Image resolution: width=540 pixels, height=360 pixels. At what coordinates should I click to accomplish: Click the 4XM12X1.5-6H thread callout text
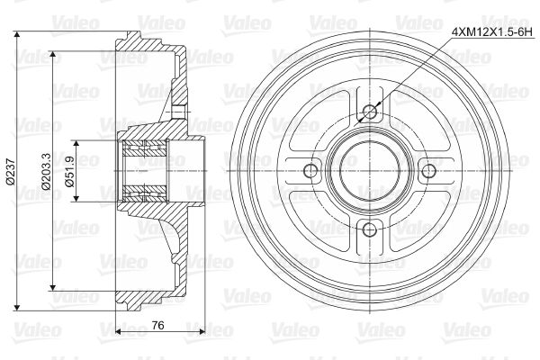click(486, 32)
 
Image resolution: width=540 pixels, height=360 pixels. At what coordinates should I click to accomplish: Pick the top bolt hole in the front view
click(369, 112)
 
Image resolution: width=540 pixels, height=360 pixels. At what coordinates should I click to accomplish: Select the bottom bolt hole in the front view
click(369, 228)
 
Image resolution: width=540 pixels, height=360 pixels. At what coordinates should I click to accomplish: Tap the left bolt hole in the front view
click(311, 170)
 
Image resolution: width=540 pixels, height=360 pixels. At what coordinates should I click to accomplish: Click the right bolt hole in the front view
click(427, 170)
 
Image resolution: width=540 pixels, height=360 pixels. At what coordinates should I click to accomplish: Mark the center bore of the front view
click(369, 170)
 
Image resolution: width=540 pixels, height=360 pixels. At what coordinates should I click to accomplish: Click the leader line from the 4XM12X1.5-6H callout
click(414, 71)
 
